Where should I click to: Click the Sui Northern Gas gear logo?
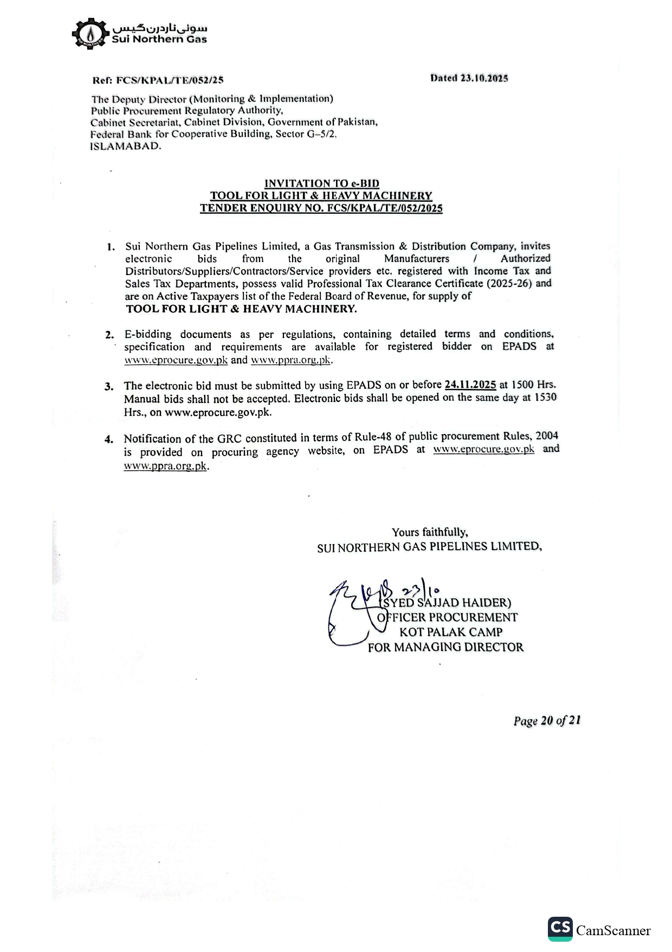pyautogui.click(x=89, y=34)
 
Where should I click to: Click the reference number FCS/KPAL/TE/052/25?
pyautogui.click(x=170, y=80)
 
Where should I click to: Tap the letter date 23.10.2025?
pyautogui.click(x=484, y=78)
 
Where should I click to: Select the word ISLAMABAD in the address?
pyautogui.click(x=125, y=146)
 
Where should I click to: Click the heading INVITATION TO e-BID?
pyautogui.click(x=321, y=183)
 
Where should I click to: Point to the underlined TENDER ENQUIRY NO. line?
pyautogui.click(x=321, y=208)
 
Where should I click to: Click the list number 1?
pyautogui.click(x=111, y=247)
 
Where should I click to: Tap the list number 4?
pyautogui.click(x=109, y=439)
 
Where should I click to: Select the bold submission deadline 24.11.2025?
pyautogui.click(x=470, y=385)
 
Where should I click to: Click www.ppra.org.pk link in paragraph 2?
pyautogui.click(x=290, y=360)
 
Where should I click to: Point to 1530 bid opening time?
pyautogui.click(x=545, y=397)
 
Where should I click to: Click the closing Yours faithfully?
pyautogui.click(x=430, y=532)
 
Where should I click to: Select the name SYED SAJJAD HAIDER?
pyautogui.click(x=446, y=603)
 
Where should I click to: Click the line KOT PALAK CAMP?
pyautogui.click(x=450, y=632)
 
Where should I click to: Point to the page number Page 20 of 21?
pyautogui.click(x=547, y=720)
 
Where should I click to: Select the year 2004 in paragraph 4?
pyautogui.click(x=547, y=436)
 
